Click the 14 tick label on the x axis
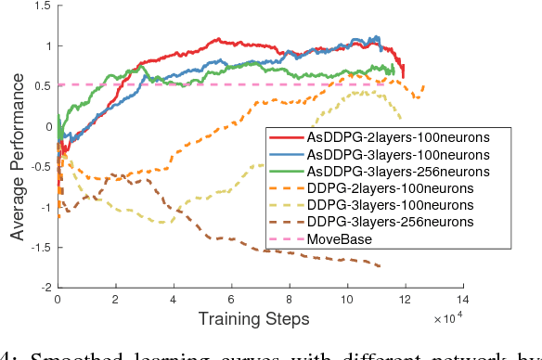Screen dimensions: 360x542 click(462, 300)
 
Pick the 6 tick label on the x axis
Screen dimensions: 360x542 click(231, 300)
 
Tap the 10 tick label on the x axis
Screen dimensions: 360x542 click(347, 300)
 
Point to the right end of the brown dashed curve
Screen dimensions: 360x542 click(380, 266)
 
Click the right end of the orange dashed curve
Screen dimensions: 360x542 click(424, 86)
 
